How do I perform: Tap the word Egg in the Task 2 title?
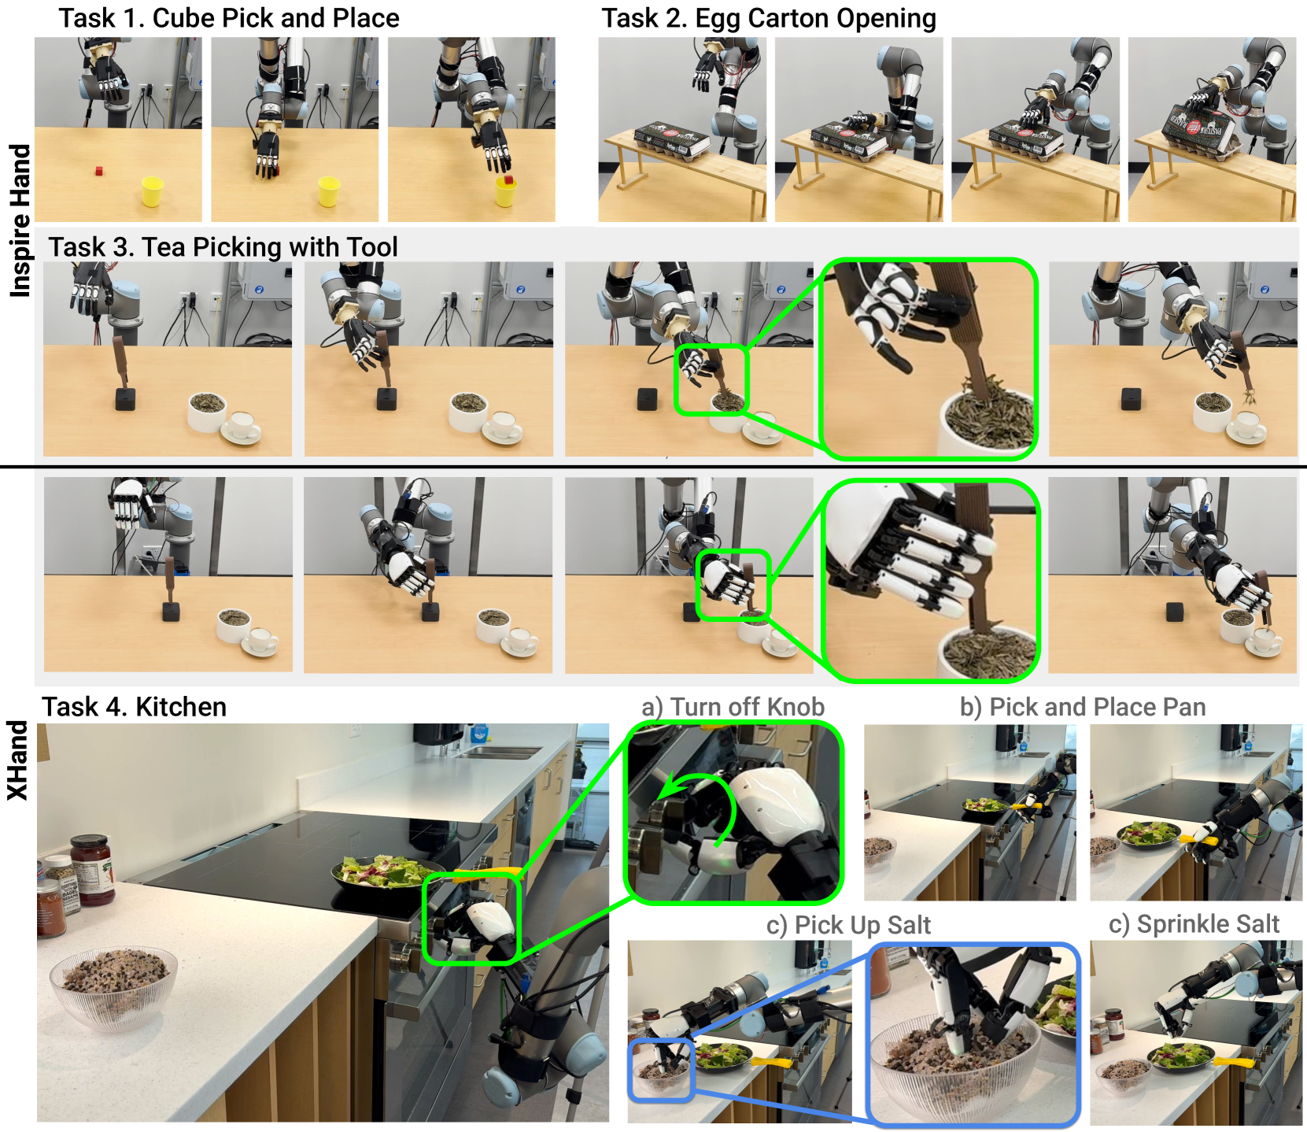click(717, 19)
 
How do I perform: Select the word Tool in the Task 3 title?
click(371, 247)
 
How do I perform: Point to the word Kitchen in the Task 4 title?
click(181, 707)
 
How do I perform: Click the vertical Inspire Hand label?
click(20, 220)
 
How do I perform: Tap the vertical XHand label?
click(17, 760)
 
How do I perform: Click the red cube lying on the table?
click(98, 170)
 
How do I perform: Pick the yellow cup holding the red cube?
click(506, 191)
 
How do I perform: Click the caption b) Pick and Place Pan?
click(1083, 707)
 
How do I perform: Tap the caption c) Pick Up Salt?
click(848, 925)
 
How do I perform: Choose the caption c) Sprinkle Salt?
click(1194, 924)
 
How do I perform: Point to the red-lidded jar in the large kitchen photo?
click(92, 870)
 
